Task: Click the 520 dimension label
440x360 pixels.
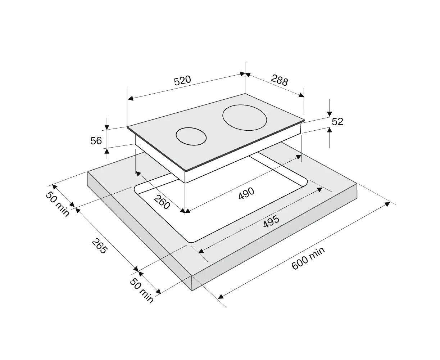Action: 182,81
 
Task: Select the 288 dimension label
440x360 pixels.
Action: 279,80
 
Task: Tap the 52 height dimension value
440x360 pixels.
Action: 337,122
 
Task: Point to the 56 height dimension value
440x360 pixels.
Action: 96,141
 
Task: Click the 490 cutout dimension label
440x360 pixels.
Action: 246,193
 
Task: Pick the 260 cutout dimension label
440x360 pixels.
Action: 162,202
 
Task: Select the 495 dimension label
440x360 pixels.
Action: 271,221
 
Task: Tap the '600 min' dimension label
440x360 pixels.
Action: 308,258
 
